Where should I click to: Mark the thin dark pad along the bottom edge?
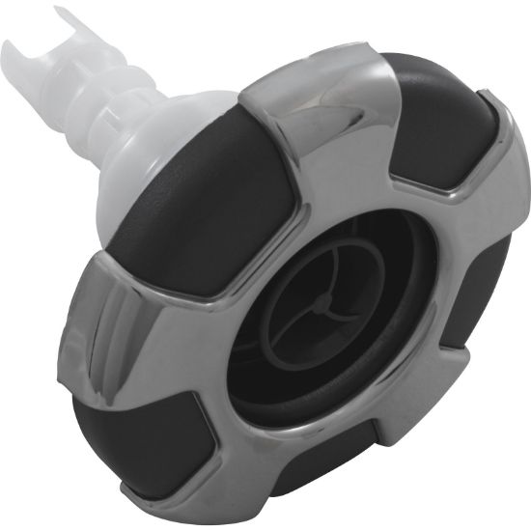[319, 473]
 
